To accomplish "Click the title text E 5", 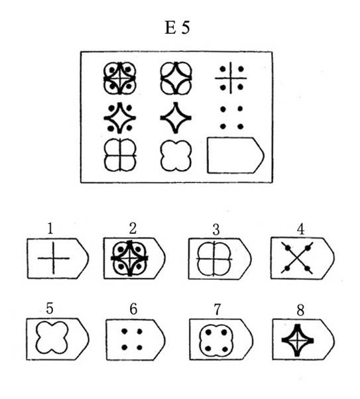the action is point(177,27).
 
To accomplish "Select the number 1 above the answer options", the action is point(50,228).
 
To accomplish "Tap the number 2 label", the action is point(133,228).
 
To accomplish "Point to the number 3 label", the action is point(216,229).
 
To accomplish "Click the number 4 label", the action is point(300,229).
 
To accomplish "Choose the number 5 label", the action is point(49,308).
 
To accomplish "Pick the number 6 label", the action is point(133,309).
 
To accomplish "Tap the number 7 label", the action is point(217,310).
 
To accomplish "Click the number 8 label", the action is point(300,310).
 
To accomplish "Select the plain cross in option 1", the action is point(54,258).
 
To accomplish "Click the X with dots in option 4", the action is point(297,258).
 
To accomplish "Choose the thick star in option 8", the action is point(298,340).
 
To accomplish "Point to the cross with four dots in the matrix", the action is point(231,78).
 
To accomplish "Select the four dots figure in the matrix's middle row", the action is point(231,117).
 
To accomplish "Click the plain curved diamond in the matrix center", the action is point(176,117).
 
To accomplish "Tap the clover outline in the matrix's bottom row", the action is point(176,156).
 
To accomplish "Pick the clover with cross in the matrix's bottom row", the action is point(120,154).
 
